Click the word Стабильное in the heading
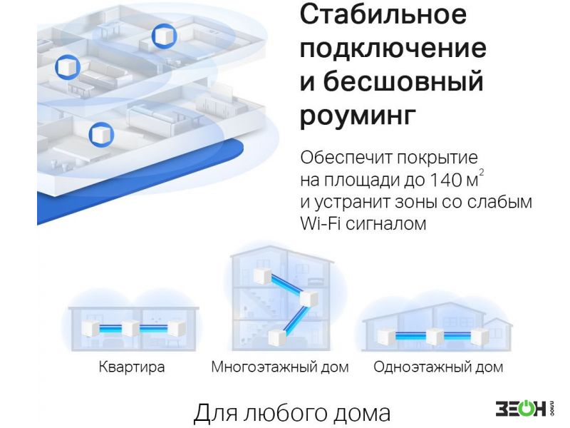pos(383,14)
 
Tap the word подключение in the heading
pos(393,49)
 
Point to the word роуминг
pos(358,116)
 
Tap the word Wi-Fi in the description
pos(320,223)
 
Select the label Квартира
pos(132,367)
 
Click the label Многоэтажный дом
pos(280,367)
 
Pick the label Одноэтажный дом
pos(438,367)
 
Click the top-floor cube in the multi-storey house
pos(263,276)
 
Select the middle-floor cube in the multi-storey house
pos(309,298)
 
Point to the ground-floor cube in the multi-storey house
pos(277,338)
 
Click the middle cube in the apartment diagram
pos(130,328)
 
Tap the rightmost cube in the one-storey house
pos(480,337)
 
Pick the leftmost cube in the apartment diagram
pos(90,329)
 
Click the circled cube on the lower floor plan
pos(101,134)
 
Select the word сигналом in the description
pos(385,223)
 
